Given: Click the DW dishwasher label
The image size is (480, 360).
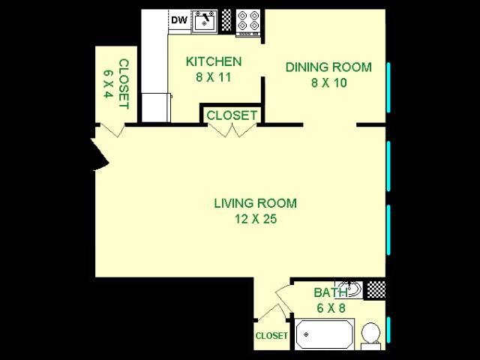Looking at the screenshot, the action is tap(179, 20).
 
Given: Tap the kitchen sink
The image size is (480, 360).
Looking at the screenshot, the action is tap(205, 21).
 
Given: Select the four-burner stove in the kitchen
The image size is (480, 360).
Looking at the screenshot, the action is tap(248, 22).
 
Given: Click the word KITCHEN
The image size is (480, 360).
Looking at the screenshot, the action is tap(214, 61).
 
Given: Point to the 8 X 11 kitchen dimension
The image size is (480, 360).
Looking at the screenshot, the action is tap(213, 77).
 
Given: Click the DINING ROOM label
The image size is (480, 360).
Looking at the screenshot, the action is tap(328, 67).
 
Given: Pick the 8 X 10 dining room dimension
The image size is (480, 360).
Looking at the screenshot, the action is tap(329, 82).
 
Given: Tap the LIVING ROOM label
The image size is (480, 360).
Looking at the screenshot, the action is tap(255, 203).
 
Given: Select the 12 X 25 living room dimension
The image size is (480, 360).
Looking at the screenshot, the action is tap(256, 219).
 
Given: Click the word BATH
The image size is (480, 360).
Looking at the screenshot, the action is tap(331, 292).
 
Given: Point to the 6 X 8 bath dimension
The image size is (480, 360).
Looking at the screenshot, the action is tap(331, 308).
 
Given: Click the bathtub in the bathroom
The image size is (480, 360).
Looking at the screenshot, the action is tap(325, 334).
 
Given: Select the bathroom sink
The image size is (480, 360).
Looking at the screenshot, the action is tap(349, 289).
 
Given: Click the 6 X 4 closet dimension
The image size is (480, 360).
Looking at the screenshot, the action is tap(108, 83).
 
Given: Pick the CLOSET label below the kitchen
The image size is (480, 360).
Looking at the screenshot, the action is tap(232, 115).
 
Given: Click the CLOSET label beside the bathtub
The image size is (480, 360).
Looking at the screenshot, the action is tap(271, 336).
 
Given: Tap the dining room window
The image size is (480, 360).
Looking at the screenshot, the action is tap(388, 88).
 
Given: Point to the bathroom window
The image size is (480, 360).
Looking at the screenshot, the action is tap(388, 330).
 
